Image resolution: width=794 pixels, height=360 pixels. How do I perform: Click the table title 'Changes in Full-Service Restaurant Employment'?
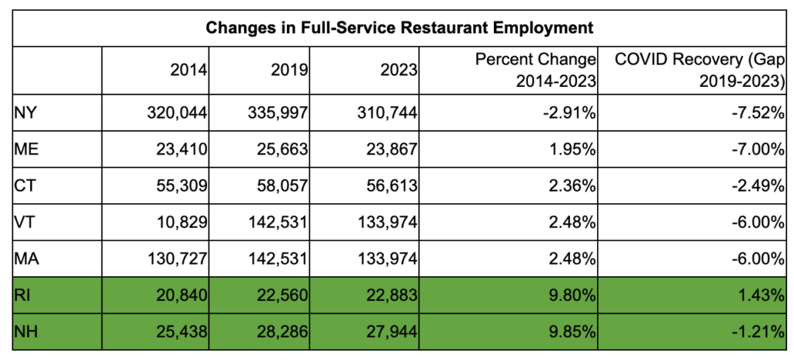click(x=399, y=28)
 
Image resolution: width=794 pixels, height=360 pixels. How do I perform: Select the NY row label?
click(x=24, y=112)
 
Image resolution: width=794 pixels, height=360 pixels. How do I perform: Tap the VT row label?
click(x=23, y=223)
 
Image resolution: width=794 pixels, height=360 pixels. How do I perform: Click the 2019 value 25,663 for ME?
click(x=285, y=150)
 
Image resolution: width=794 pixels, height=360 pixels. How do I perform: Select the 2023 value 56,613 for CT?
click(x=393, y=186)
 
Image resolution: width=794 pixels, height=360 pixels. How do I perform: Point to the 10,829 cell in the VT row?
click(x=181, y=223)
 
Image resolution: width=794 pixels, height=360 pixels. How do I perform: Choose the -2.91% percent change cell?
click(x=571, y=112)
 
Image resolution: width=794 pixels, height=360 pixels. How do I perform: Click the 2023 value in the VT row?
click(x=389, y=223)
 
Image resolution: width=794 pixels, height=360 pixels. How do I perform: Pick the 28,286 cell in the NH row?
click(x=285, y=332)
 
